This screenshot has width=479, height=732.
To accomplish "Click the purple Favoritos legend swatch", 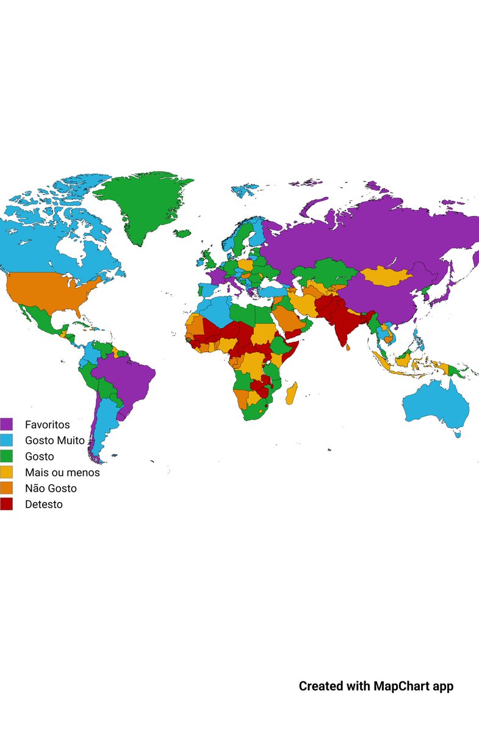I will [6, 424].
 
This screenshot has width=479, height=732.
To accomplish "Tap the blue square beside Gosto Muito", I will [6, 440].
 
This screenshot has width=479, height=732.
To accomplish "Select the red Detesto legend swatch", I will [6, 504].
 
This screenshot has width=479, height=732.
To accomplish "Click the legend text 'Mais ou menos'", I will [62, 472].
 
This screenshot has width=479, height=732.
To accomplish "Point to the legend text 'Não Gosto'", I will [51, 488].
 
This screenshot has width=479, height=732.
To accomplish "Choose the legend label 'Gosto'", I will [40, 456].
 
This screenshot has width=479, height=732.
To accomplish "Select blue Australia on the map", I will [436, 403].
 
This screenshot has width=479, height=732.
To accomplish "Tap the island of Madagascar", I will [292, 393].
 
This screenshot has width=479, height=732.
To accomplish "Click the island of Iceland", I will [182, 233].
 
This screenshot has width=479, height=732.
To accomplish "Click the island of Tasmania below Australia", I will [456, 434].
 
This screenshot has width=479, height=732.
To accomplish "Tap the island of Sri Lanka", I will [347, 346].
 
